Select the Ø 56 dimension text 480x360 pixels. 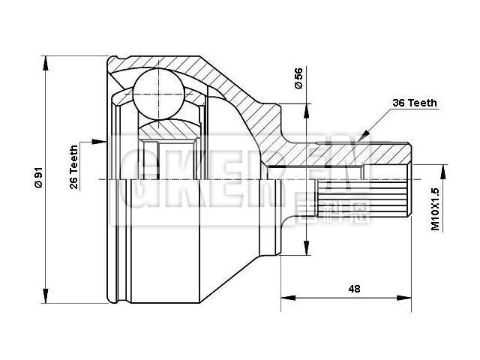[x=298, y=79]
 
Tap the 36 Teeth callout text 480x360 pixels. [x=414, y=103]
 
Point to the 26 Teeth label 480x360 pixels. [x=74, y=167]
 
